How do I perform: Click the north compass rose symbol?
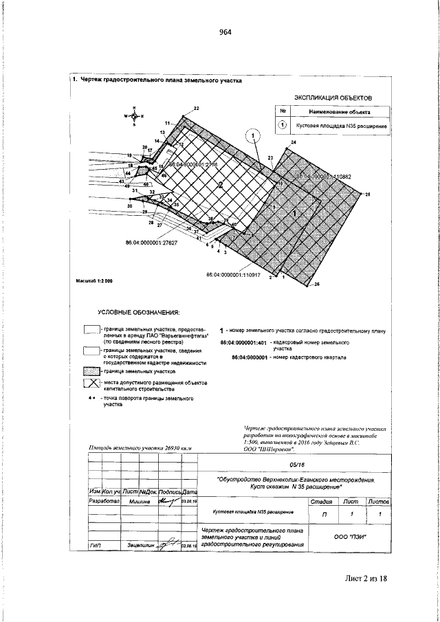point(133,116)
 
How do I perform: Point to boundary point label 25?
point(367,196)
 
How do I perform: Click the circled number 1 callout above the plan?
point(254,135)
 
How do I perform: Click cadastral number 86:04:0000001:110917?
point(234,275)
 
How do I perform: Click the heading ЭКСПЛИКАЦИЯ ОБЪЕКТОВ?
point(332,98)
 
